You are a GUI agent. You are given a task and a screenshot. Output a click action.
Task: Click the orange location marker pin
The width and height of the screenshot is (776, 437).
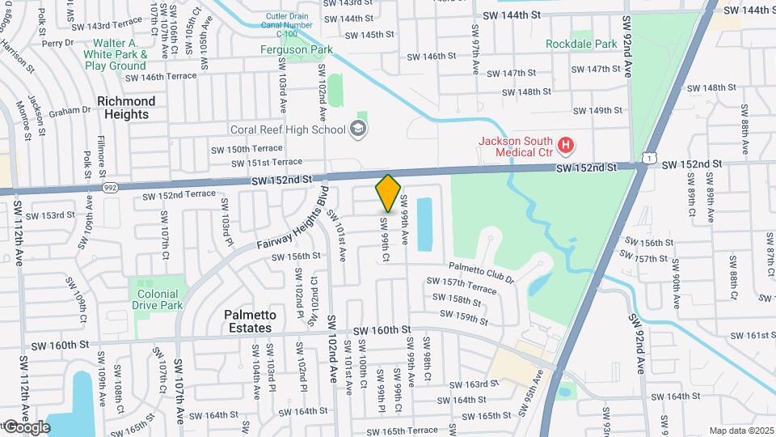(x=388, y=193)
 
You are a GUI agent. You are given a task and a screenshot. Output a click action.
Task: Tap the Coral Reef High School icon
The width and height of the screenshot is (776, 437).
(x=357, y=129)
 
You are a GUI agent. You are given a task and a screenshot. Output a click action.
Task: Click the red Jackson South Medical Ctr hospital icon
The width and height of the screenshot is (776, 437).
(x=566, y=146)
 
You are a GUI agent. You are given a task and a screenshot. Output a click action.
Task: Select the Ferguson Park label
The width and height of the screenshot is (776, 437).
(x=285, y=50)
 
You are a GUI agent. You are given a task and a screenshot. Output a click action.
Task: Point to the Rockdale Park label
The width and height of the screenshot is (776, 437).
(x=581, y=43)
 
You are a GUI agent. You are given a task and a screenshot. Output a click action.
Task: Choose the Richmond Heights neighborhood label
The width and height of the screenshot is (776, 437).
(x=126, y=108)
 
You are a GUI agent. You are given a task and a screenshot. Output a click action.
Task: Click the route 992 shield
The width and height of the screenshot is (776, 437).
(x=111, y=186)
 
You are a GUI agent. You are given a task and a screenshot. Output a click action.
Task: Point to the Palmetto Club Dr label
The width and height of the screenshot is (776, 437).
(x=483, y=274)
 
